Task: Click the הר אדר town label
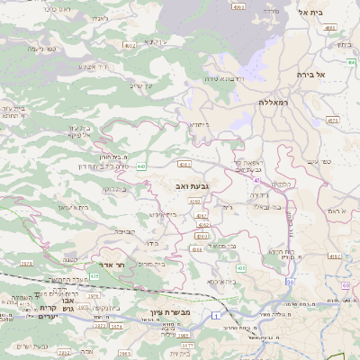coord(128,265)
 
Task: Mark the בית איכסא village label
coord(224,282)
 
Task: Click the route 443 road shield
coord(141,166)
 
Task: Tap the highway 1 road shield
coord(217,315)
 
